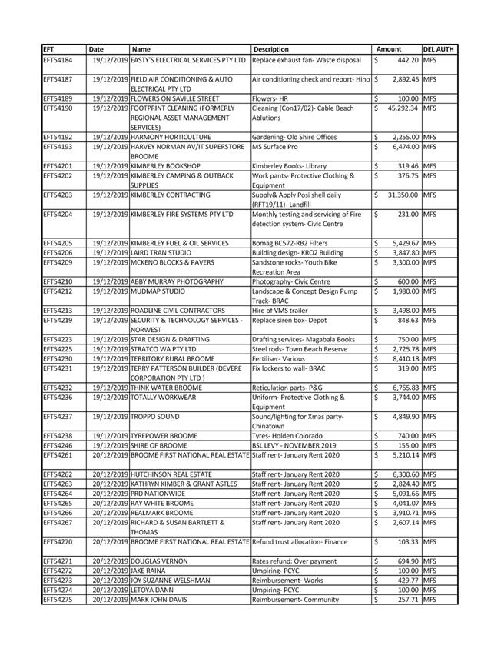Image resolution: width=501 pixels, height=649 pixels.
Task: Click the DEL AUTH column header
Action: click(x=439, y=49)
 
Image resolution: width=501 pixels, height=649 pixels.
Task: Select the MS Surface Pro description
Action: click(x=275, y=147)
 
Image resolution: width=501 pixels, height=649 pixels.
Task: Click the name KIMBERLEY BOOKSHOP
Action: click(x=167, y=166)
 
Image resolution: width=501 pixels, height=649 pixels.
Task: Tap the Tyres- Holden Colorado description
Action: click(x=289, y=435)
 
